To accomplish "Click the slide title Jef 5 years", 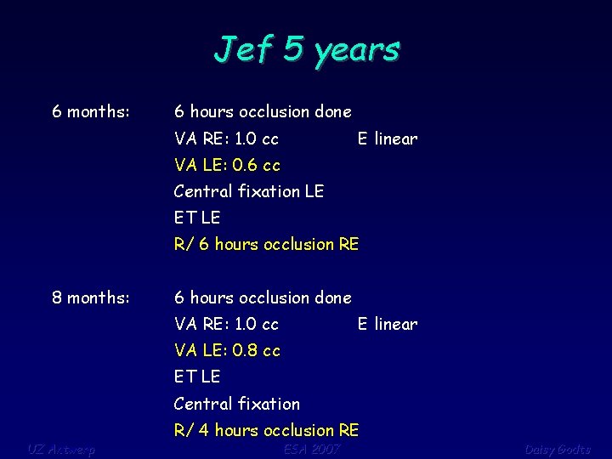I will [x=306, y=49].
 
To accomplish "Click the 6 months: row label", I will [x=91, y=111].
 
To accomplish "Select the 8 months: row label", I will [x=91, y=297].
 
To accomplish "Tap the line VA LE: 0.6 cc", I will [x=227, y=165].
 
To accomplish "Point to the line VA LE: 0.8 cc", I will [x=227, y=350].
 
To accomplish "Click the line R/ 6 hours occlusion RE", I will [x=266, y=244].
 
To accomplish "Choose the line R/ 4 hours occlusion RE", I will [x=266, y=430].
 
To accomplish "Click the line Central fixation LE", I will [x=248, y=191].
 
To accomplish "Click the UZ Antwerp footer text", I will [x=60, y=449].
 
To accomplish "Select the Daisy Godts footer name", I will [x=557, y=449].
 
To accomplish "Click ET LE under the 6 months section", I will [x=196, y=218].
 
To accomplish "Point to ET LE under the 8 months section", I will [x=196, y=377].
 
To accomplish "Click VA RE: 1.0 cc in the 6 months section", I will [x=226, y=139].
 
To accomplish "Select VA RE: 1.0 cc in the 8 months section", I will [x=226, y=324].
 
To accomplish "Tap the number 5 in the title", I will [x=292, y=48].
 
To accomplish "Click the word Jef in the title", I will [x=244, y=48].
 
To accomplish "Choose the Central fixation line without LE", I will [x=236, y=404].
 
